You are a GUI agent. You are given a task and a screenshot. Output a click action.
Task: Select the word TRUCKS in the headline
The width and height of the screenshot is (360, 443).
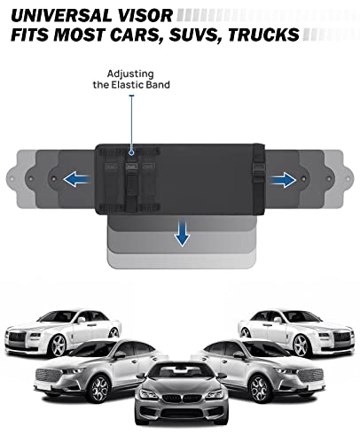click(263, 35)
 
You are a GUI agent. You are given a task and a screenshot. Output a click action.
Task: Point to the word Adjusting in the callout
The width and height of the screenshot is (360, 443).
click(130, 74)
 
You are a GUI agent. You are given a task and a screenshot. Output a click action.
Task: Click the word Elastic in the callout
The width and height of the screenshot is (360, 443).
click(130, 85)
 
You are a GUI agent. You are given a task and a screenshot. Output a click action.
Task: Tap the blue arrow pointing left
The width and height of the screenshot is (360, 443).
click(77, 179)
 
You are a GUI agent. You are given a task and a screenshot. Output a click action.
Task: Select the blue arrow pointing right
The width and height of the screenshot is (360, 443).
click(283, 180)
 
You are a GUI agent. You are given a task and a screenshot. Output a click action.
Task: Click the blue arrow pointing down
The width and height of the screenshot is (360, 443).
click(182, 233)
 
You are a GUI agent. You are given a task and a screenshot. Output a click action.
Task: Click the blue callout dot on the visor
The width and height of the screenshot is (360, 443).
click(131, 152)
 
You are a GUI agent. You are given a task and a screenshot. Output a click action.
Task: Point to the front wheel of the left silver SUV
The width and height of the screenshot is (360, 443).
click(100, 389)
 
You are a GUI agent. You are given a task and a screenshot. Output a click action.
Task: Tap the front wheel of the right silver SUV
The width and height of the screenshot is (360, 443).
click(260, 389)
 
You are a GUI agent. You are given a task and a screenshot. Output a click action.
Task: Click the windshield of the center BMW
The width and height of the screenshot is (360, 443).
click(181, 371)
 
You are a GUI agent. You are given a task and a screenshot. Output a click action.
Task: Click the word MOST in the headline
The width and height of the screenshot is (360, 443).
click(79, 35)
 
